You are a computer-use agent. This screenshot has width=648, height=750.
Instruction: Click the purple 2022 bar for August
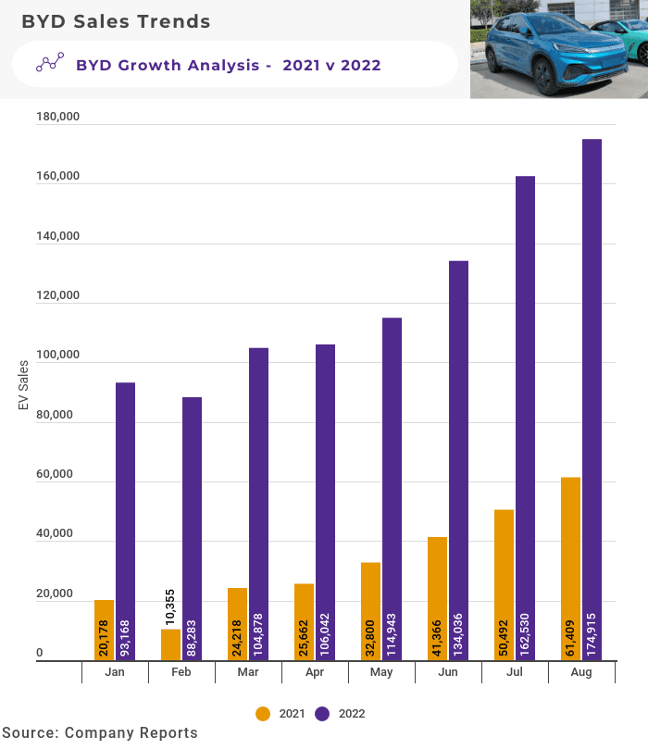click(x=592, y=398)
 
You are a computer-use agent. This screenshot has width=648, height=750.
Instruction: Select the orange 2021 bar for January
click(x=104, y=630)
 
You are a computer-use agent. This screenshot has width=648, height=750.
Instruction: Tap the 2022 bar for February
click(x=192, y=528)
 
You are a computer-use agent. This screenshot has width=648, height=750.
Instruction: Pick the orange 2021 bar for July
click(x=504, y=583)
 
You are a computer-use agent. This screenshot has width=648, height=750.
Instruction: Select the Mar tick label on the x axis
click(x=248, y=673)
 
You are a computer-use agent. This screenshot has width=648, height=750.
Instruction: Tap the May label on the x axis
click(x=381, y=673)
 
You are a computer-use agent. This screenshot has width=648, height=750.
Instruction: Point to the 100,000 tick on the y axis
click(x=57, y=356)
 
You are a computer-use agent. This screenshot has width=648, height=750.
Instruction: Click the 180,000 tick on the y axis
click(x=57, y=118)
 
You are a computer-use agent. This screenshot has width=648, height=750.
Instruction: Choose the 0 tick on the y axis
click(x=40, y=654)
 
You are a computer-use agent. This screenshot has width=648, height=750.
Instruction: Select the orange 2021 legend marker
click(x=263, y=714)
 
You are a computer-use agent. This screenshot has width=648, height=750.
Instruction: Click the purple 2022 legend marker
click(x=323, y=714)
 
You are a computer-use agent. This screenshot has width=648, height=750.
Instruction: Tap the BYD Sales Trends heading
click(x=116, y=20)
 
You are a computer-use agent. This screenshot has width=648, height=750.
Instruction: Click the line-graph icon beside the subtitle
click(x=49, y=63)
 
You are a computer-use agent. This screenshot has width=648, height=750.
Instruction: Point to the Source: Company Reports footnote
click(x=100, y=733)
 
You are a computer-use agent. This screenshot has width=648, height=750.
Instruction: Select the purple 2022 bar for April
click(x=325, y=500)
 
